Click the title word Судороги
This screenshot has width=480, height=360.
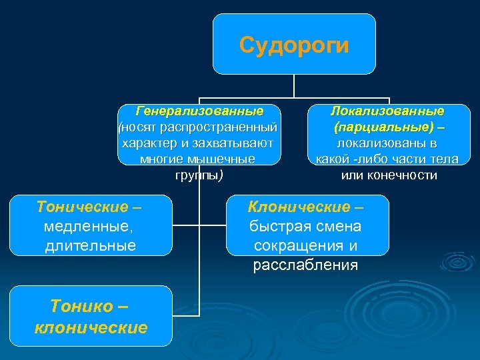293,45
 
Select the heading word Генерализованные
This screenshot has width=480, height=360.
199,111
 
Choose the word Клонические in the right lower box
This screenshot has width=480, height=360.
299,207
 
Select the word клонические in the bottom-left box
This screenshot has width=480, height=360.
91,328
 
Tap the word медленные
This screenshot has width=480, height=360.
88,227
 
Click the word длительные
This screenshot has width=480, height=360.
91,246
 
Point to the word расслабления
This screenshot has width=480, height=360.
305,265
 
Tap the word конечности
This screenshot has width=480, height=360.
407,176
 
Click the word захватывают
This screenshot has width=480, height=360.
232,143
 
